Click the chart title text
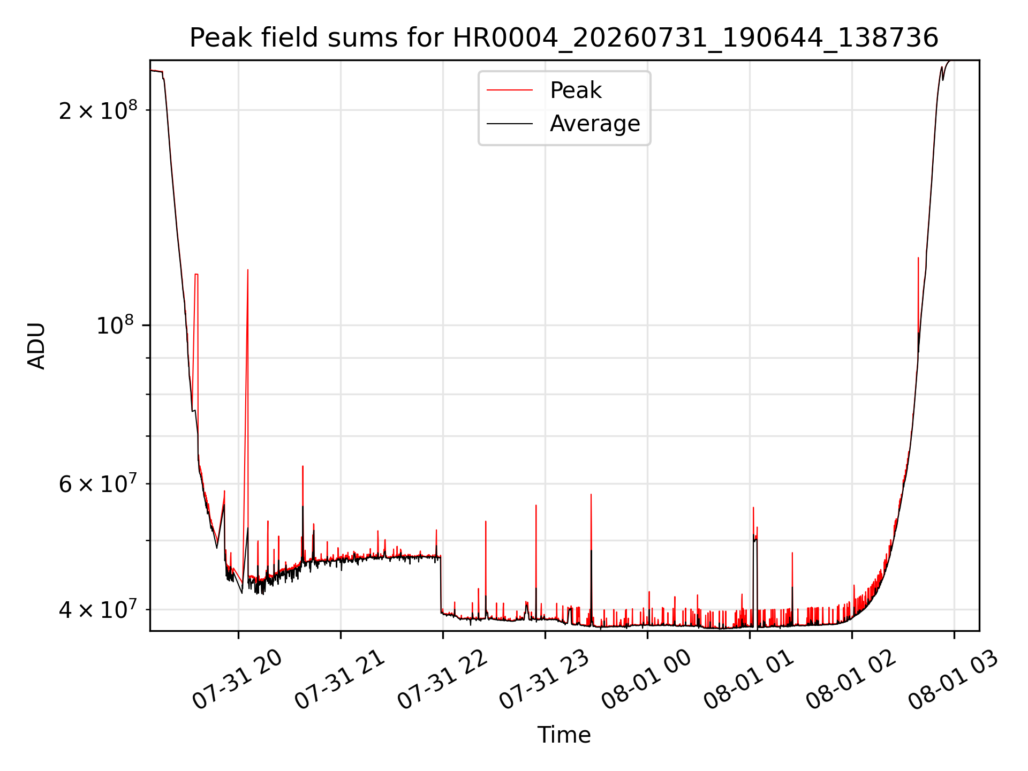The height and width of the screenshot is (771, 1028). coord(564,38)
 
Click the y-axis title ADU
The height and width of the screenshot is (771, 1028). coord(36,345)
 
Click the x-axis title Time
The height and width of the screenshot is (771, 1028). coord(564,735)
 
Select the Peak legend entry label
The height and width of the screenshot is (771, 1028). coord(576,90)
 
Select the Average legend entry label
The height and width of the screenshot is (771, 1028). coord(595,124)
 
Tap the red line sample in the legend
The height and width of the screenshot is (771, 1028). coord(510,90)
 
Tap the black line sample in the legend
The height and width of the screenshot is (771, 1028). coord(510,124)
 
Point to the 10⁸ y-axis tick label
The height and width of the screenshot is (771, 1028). coord(117,324)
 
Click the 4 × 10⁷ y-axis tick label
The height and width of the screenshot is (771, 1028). coord(98,609)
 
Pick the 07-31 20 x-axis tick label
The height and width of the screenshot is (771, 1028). coord(237,680)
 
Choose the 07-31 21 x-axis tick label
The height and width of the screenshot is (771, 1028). coord(340,680)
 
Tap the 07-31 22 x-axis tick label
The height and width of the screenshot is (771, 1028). coord(442,680)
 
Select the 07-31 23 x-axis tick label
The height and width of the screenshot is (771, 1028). coord(545,680)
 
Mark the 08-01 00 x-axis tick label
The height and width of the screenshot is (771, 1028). coord(647,680)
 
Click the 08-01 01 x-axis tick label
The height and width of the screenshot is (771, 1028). coord(749,680)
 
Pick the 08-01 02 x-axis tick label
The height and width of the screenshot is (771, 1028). coord(851,680)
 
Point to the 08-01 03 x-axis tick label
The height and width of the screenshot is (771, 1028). coord(954,680)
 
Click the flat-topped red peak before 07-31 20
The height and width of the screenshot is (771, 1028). coord(196,275)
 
